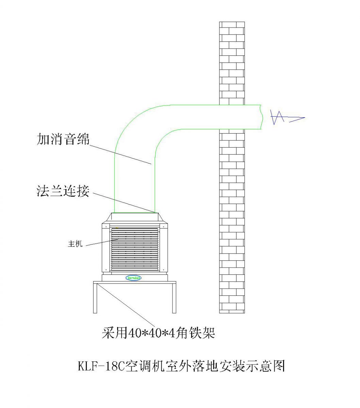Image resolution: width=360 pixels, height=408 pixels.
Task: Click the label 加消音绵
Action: pyautogui.click(x=63, y=140)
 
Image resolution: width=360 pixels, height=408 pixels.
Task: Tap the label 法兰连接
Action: pyautogui.click(x=63, y=191)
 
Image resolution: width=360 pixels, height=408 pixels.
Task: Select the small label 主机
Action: pyautogui.click(x=75, y=244)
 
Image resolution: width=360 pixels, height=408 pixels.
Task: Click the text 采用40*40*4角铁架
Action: pyautogui.click(x=159, y=333)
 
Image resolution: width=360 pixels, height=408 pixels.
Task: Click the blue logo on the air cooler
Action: pyautogui.click(x=134, y=278)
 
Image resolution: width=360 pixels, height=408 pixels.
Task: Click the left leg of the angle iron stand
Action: pyautogui.click(x=95, y=298)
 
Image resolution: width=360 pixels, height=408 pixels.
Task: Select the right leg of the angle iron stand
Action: pyautogui.click(x=174, y=298)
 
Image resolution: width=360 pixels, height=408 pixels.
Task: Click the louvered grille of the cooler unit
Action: pyautogui.click(x=134, y=250)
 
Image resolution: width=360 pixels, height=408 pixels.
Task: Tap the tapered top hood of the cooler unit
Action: pyautogui.click(x=134, y=218)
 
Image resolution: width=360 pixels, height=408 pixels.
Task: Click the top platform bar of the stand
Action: pyautogui.click(x=134, y=283)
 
